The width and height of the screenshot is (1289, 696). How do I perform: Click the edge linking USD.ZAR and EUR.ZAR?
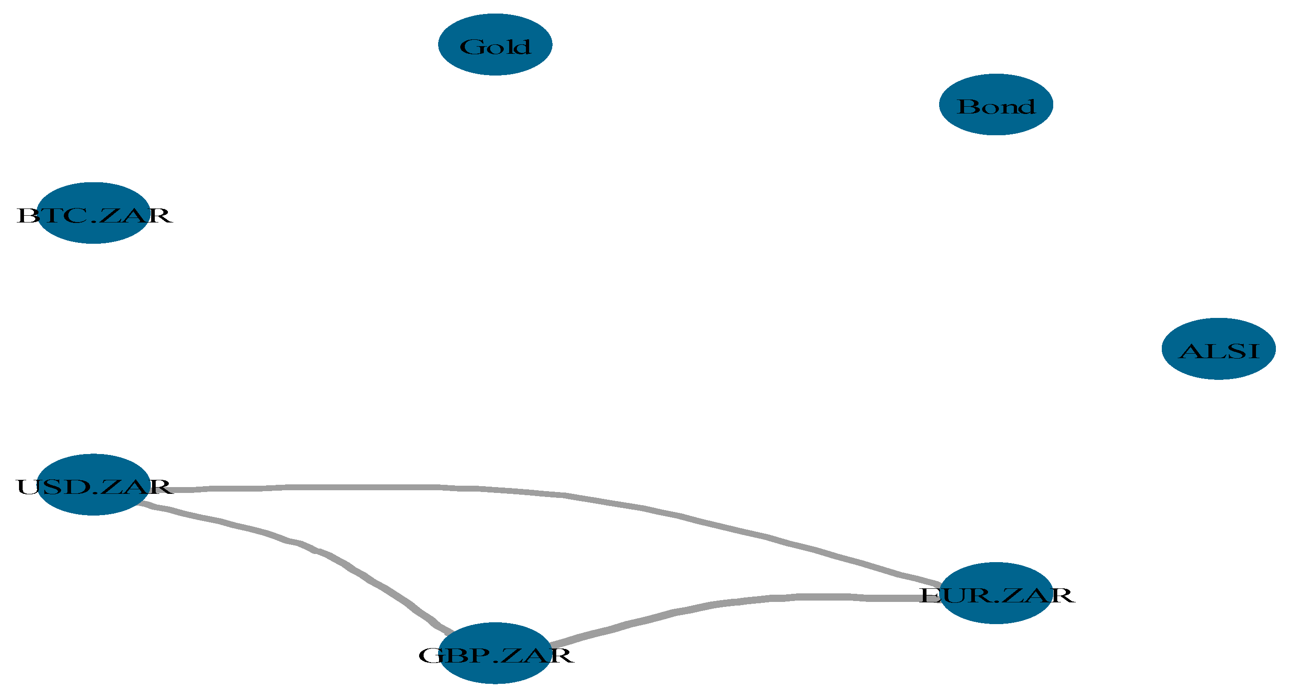pos(501,488)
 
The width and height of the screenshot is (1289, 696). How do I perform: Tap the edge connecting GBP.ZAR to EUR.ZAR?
pos(750,600)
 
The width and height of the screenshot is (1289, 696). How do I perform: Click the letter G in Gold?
pos(470,47)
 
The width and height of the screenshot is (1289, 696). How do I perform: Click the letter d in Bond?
pos(1027,106)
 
